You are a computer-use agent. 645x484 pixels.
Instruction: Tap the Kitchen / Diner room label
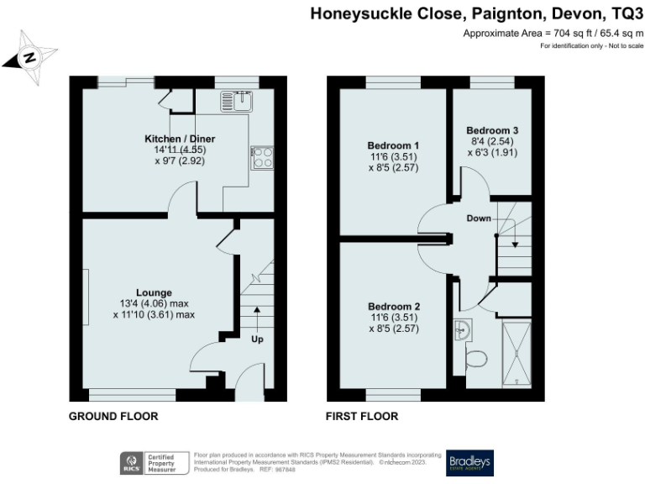pyautogui.click(x=180, y=139)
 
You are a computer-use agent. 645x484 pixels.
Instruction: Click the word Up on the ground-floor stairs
pyautogui.click(x=256, y=339)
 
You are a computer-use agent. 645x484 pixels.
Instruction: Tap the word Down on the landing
pyautogui.click(x=479, y=218)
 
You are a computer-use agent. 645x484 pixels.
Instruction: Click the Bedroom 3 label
pyautogui.click(x=492, y=130)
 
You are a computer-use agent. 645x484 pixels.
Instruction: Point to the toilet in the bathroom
pyautogui.click(x=475, y=359)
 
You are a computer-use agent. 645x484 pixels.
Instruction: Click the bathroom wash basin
pyautogui.click(x=461, y=330)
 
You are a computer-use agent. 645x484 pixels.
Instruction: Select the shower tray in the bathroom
pyautogui.click(x=516, y=351)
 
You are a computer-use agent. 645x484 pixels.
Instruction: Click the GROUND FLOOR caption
pyautogui.click(x=113, y=416)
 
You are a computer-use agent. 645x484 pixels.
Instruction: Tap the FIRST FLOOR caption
pyautogui.click(x=362, y=416)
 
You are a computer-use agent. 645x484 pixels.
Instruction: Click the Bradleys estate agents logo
pyautogui.click(x=469, y=461)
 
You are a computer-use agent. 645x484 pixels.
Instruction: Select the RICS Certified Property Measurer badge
pyautogui.click(x=155, y=462)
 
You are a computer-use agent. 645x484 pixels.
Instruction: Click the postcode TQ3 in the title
pyautogui.click(x=624, y=13)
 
